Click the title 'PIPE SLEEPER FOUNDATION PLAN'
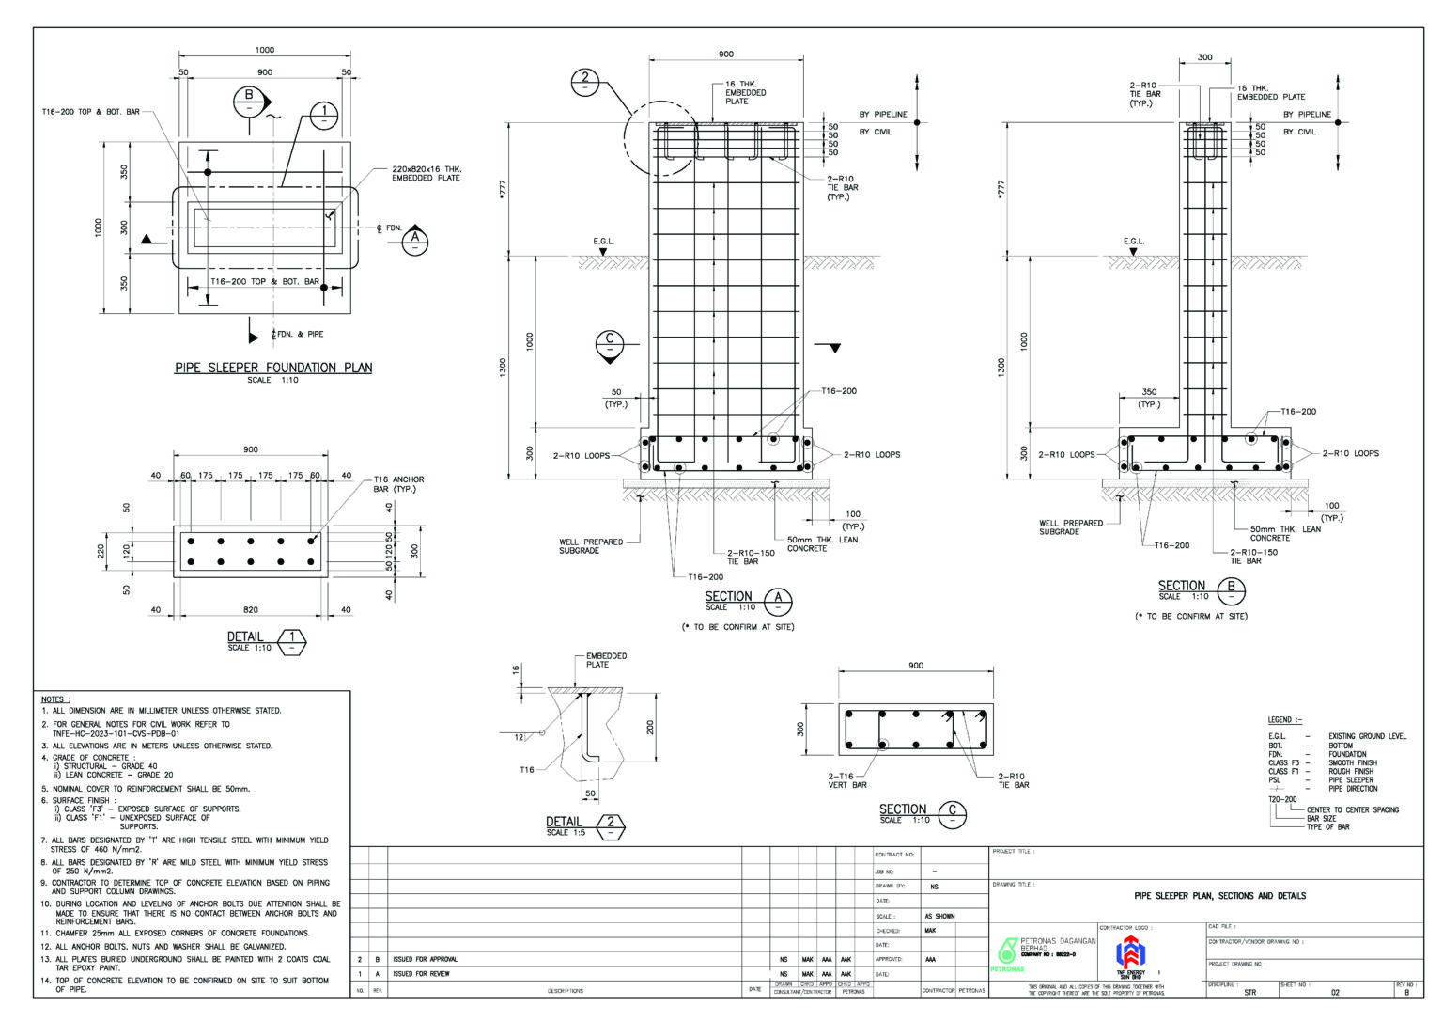coord(273,368)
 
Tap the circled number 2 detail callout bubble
coord(585,82)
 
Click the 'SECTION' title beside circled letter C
coord(903,809)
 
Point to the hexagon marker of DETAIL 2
coord(611,827)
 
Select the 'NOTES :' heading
coord(56,699)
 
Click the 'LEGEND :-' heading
coord(1285,719)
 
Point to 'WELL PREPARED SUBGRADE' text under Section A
coord(591,546)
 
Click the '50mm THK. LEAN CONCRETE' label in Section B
coord(1284,533)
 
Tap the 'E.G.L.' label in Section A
coord(603,242)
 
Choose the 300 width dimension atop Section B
coord(1204,57)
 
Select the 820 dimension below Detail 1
coord(250,610)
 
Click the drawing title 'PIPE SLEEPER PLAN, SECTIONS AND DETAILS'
coord(1219,896)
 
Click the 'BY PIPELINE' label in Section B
coord(1307,114)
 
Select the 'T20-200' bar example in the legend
coord(1282,799)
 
